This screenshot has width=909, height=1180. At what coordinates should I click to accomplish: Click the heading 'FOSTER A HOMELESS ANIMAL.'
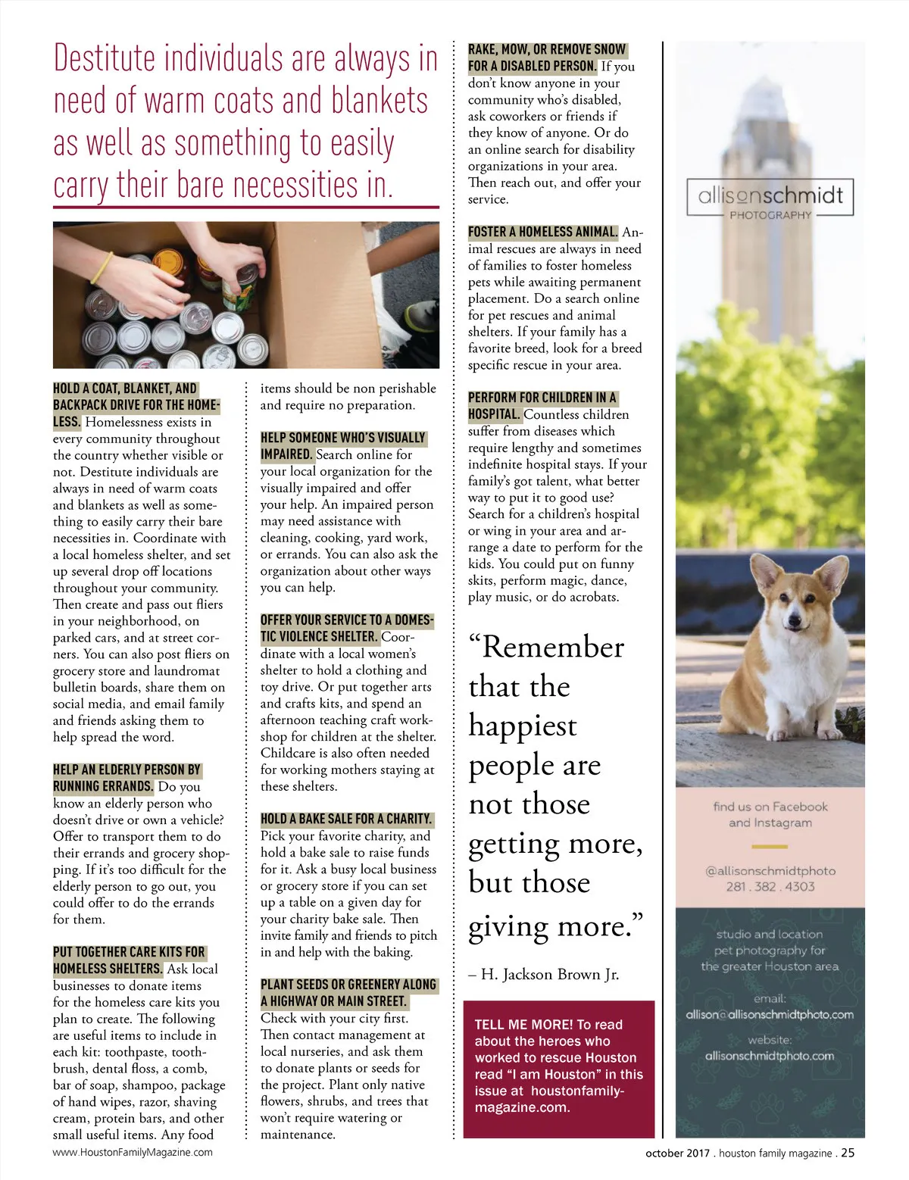tap(542, 232)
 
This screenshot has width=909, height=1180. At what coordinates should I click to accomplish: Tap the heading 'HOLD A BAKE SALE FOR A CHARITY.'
tap(346, 819)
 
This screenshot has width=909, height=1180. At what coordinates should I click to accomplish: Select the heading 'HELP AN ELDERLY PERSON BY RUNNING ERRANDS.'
tap(127, 778)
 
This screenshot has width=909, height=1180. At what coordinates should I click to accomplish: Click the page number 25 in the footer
tap(848, 1153)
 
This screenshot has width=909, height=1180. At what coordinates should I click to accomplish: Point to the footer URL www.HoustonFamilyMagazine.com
tap(133, 1153)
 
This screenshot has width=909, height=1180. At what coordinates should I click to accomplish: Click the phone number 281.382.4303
tap(770, 886)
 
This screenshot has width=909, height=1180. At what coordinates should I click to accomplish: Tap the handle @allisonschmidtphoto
tap(770, 871)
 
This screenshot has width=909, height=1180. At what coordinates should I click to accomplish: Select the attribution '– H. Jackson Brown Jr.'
tap(544, 975)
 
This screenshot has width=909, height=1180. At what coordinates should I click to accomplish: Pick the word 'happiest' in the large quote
tap(523, 726)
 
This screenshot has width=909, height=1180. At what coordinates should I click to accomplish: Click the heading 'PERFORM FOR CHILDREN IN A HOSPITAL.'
tap(542, 405)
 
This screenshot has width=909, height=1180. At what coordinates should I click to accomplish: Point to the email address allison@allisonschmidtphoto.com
tap(770, 1015)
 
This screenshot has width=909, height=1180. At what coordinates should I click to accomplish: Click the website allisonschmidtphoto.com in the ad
tap(770, 1056)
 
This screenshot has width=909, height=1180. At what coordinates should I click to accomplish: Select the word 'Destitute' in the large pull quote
tap(105, 59)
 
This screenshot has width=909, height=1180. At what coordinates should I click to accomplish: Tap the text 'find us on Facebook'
tap(770, 807)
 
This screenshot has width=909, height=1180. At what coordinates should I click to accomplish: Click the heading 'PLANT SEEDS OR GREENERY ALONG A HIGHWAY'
tap(348, 992)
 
